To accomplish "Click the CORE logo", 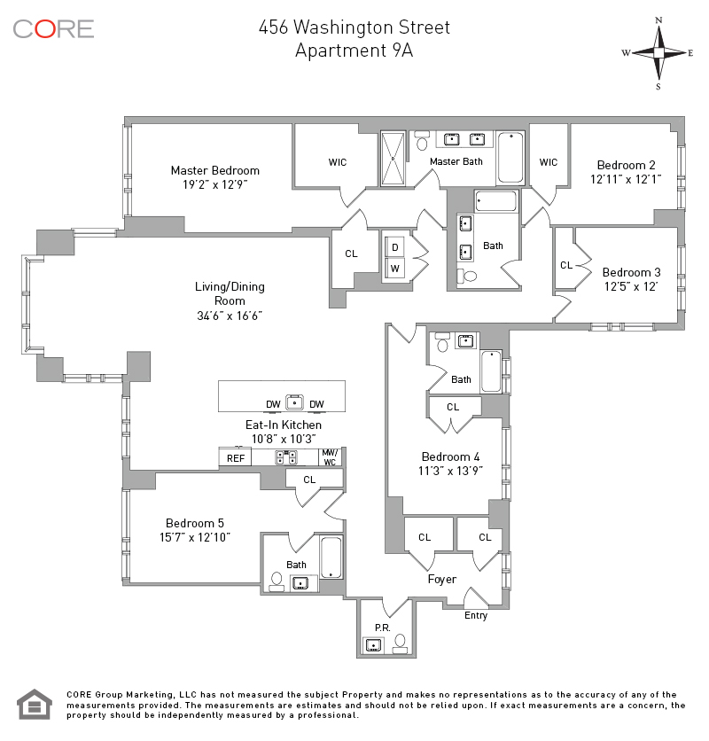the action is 53,29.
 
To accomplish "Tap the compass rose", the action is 658,52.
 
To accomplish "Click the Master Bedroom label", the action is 215,170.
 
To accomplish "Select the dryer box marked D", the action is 394,246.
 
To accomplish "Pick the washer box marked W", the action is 394,269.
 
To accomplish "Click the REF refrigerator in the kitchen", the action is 236,458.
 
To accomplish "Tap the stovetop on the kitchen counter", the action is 286,457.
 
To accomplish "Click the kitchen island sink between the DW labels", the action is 294,402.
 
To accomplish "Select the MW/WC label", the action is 330,457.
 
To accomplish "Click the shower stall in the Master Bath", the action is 393,159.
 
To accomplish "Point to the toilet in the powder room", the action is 401,643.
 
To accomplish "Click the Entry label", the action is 476,615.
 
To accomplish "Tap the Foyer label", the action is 442,580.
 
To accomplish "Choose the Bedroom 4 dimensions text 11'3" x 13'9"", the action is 450,472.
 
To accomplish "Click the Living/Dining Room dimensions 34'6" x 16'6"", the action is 230,316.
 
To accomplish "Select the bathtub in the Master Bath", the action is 510,158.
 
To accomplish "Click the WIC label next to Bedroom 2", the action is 549,162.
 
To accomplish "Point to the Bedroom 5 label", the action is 195,523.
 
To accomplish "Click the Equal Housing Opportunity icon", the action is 35,704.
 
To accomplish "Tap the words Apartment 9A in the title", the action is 354,51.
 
